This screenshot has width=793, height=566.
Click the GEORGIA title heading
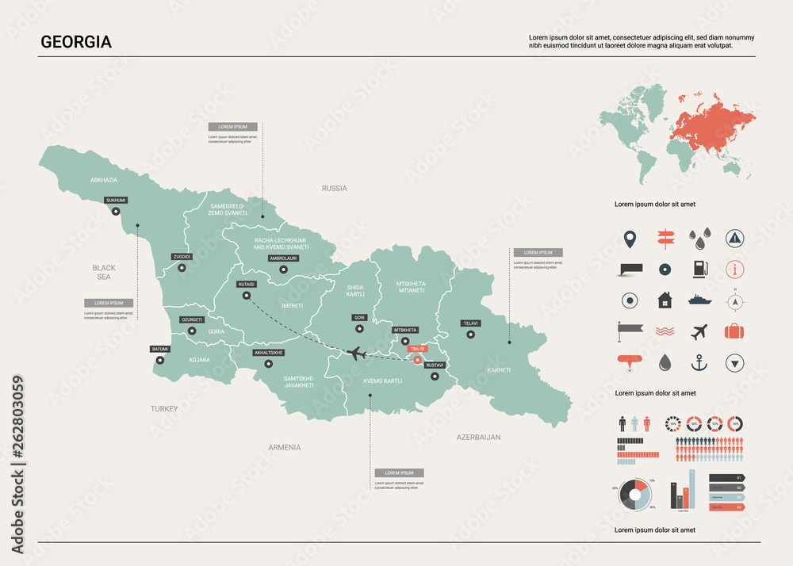click(x=76, y=43)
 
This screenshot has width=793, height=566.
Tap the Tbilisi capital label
click(x=417, y=348)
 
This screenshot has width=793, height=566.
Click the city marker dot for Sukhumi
click(x=116, y=212)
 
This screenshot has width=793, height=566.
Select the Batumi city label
click(x=160, y=349)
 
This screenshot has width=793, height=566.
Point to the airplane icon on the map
click(x=357, y=353)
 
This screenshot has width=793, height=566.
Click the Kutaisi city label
click(x=246, y=284)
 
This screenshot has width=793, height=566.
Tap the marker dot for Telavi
click(x=471, y=335)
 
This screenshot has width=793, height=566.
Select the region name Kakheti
click(x=499, y=370)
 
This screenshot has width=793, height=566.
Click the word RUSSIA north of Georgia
click(x=334, y=189)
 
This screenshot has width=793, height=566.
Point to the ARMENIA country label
click(x=284, y=447)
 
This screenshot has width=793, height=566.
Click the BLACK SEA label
click(x=104, y=273)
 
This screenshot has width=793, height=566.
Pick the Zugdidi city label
click(x=182, y=257)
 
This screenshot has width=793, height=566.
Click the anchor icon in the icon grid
click(x=699, y=363)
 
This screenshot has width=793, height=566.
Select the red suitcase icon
click(x=736, y=331)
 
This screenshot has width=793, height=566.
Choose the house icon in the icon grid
click(x=664, y=300)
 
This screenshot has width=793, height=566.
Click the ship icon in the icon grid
click(x=699, y=300)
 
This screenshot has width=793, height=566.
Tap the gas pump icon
click(x=699, y=269)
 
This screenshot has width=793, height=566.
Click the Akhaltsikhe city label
click(x=268, y=352)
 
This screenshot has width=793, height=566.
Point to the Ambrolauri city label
click(x=283, y=258)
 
